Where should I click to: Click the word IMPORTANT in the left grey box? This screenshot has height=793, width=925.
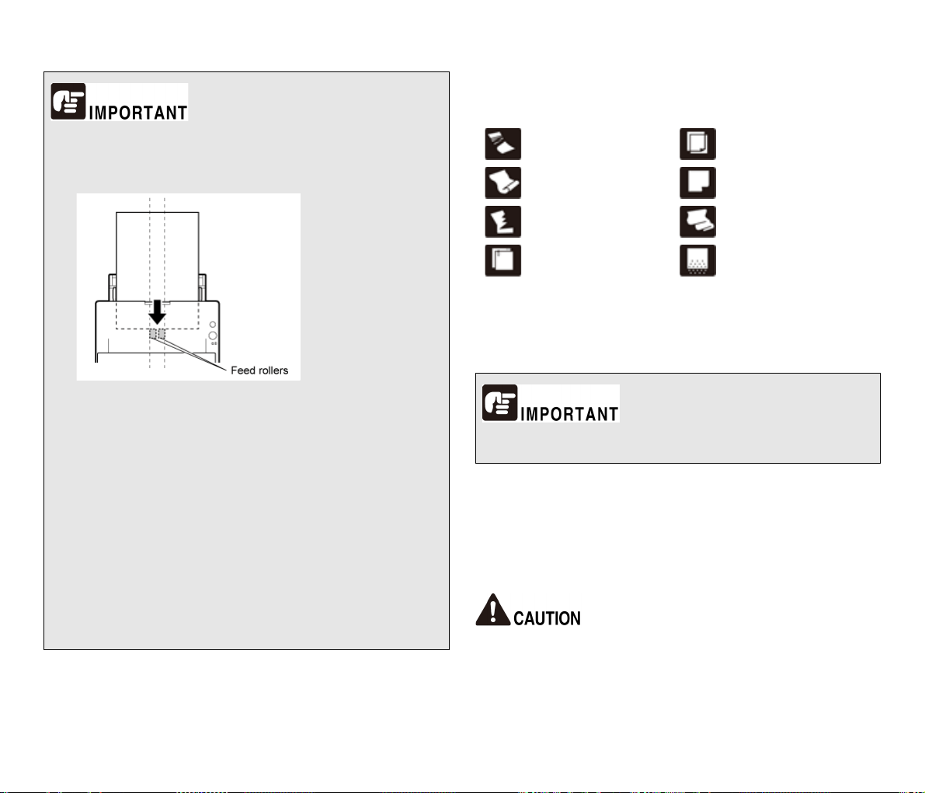click(x=138, y=112)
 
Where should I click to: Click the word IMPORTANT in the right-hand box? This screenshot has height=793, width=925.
click(x=569, y=414)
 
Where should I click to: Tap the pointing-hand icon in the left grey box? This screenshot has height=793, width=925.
click(x=68, y=101)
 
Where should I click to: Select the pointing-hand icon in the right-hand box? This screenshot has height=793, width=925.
click(x=499, y=402)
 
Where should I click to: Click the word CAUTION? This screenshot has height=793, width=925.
click(x=547, y=618)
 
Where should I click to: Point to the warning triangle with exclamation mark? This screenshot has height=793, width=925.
click(x=492, y=610)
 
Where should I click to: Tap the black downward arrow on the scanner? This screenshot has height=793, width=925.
click(x=157, y=312)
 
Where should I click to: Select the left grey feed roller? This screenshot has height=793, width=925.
click(x=153, y=335)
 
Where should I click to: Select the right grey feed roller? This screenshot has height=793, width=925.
click(x=162, y=335)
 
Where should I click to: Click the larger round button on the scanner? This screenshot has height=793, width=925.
click(x=213, y=336)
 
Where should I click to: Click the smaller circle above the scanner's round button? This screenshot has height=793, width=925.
click(x=212, y=325)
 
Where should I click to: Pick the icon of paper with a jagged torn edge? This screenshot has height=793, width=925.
click(x=503, y=222)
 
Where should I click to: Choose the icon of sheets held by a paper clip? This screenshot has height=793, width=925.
click(x=503, y=261)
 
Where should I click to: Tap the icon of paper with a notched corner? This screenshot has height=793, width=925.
click(x=698, y=183)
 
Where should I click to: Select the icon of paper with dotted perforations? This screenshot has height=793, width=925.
click(x=698, y=261)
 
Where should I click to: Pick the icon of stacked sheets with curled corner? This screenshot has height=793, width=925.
click(x=698, y=144)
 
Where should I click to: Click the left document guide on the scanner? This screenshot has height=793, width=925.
click(x=112, y=287)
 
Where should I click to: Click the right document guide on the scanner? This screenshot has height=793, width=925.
click(x=203, y=287)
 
